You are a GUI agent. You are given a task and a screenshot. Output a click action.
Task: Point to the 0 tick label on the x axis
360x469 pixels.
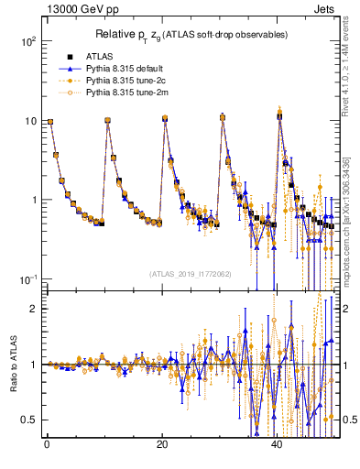click(46, 447)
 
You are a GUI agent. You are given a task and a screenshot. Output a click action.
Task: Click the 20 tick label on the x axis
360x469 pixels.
click(162, 447)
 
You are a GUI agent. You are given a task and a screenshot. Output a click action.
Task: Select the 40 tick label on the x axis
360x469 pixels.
click(278, 447)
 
